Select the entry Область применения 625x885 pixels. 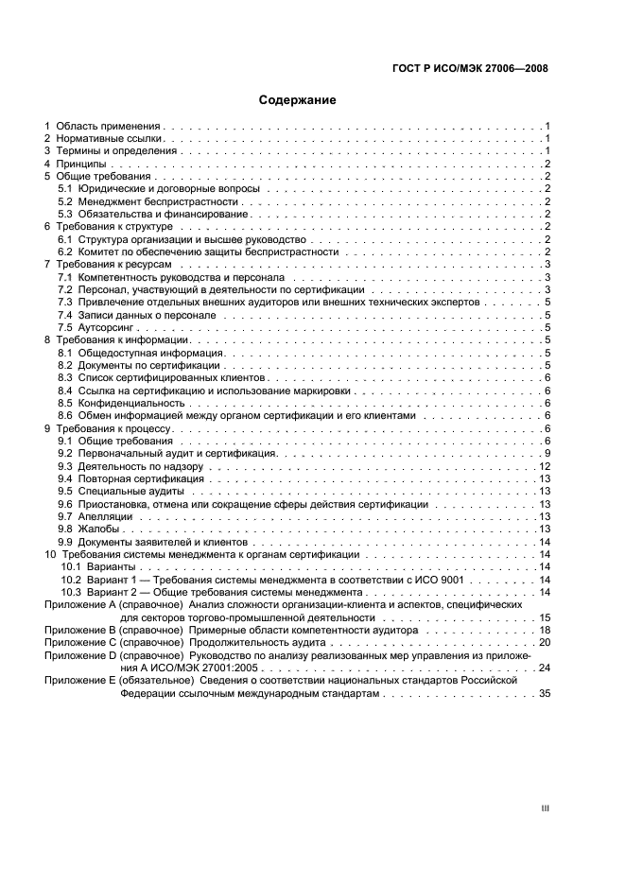pyautogui.click(x=109, y=126)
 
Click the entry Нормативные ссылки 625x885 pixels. pyautogui.click(x=104, y=139)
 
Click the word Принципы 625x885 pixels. pyautogui.click(x=80, y=165)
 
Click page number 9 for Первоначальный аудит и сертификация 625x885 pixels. pyautogui.click(x=547, y=454)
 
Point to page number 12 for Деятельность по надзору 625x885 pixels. pyautogui.click(x=545, y=467)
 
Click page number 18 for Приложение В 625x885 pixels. pyautogui.click(x=545, y=629)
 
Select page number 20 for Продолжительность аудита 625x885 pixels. pyautogui.click(x=545, y=642)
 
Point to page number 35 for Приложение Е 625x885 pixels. pyautogui.click(x=545, y=693)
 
